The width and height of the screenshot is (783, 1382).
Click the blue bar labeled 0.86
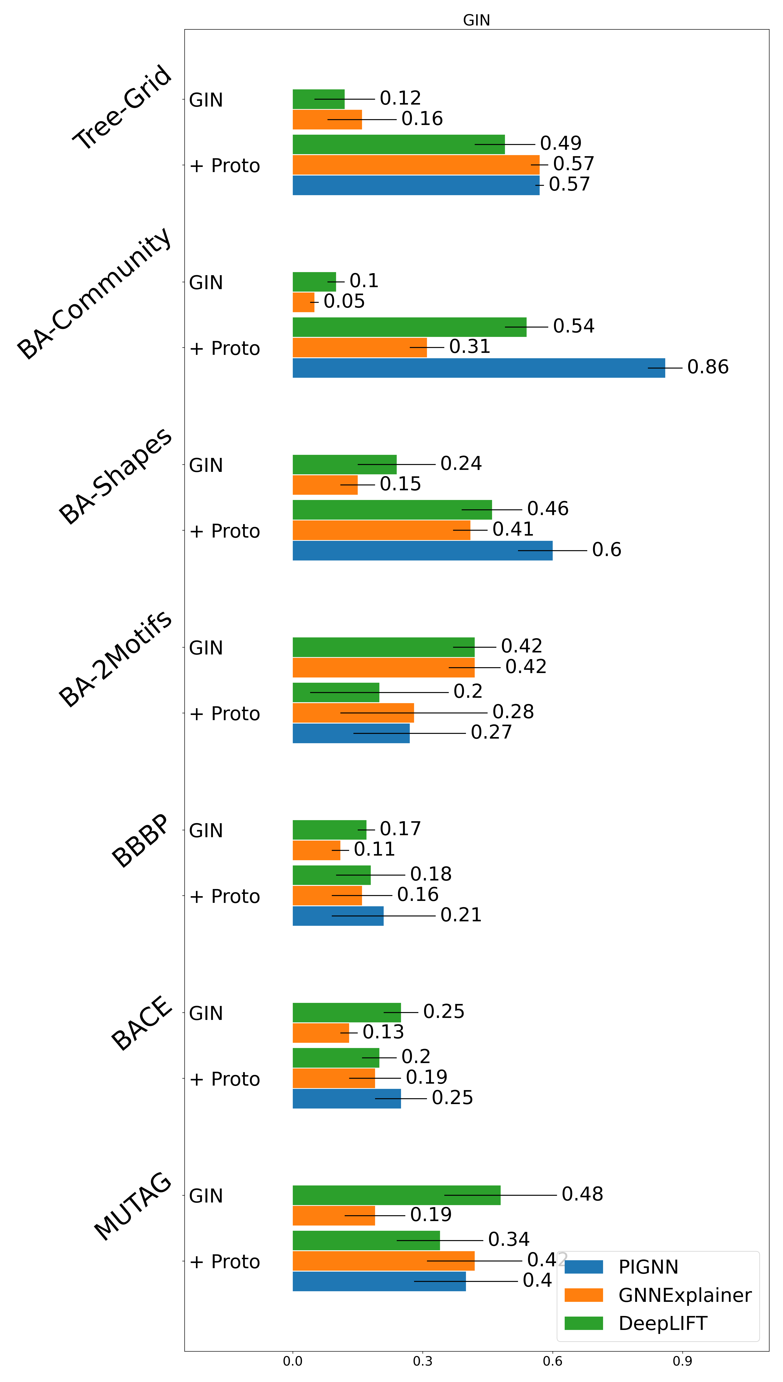tap(479, 368)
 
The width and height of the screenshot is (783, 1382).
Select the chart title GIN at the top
tap(476, 20)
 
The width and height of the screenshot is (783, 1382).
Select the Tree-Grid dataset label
tap(123, 107)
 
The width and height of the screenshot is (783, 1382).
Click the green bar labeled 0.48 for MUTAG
tap(396, 1195)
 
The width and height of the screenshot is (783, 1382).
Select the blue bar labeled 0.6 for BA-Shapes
tap(422, 551)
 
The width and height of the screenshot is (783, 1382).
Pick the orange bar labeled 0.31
tap(359, 347)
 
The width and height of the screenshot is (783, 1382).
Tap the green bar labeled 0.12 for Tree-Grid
tap(318, 99)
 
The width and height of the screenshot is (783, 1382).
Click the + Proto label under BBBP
tap(225, 896)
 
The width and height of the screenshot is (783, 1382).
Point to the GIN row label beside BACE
tap(206, 1014)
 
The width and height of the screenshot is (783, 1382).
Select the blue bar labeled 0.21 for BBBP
tap(338, 916)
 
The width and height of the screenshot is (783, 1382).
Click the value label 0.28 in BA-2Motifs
tap(513, 712)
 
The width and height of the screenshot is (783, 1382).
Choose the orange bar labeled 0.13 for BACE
tap(321, 1033)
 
